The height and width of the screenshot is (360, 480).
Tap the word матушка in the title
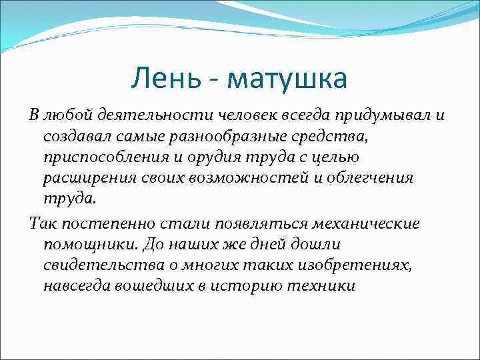point(287,79)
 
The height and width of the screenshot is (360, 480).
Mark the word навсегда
point(75,286)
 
